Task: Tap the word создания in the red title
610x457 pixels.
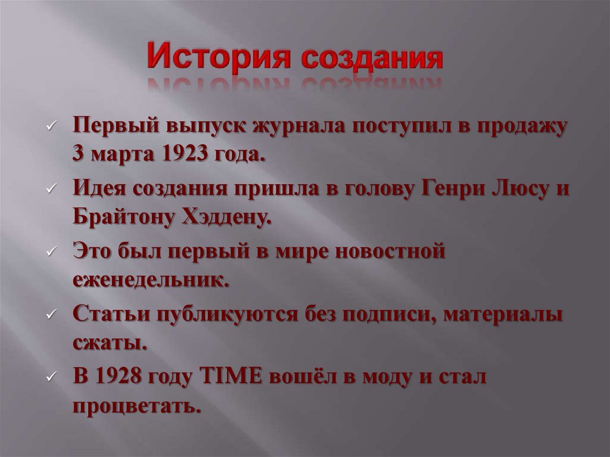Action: click(371, 58)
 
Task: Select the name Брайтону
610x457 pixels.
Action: click(121, 217)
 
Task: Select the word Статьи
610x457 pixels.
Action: click(111, 314)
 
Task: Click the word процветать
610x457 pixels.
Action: click(135, 407)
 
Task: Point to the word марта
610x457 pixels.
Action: click(122, 154)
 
